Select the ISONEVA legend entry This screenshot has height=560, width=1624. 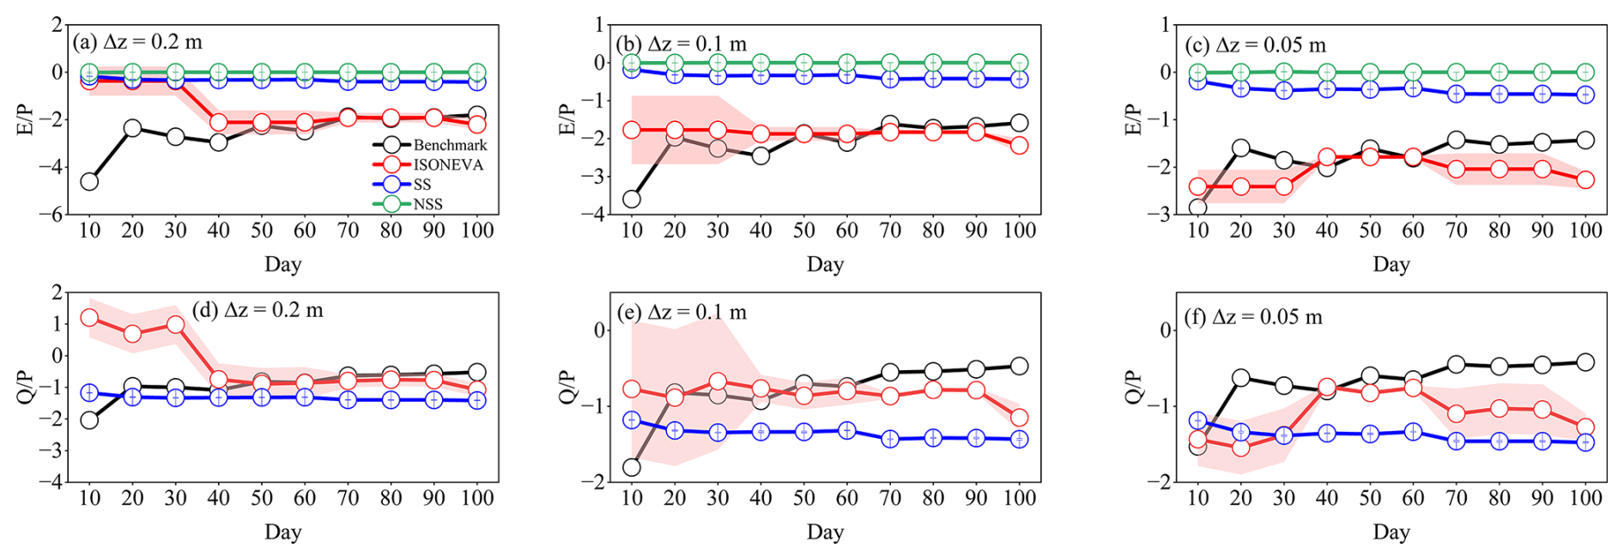[448, 165]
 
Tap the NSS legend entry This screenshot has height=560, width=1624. [427, 204]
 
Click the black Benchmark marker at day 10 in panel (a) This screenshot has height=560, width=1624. [89, 181]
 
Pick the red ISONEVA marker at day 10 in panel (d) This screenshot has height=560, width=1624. [89, 318]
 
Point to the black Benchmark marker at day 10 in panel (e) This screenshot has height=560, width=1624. [632, 467]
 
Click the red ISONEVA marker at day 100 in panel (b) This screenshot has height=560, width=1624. [1019, 145]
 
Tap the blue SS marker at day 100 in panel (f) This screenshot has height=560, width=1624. [1585, 442]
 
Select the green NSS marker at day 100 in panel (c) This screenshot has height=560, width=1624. [1585, 72]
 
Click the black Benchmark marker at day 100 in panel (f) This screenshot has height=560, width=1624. [1585, 362]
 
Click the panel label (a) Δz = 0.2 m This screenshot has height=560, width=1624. [137, 42]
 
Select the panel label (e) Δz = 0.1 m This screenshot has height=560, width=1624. [682, 312]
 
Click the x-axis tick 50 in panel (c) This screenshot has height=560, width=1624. [1370, 230]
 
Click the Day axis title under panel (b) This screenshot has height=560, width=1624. [825, 265]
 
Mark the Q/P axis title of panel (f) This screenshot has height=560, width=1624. [1132, 387]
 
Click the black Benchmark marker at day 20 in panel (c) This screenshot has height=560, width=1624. [1240, 149]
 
